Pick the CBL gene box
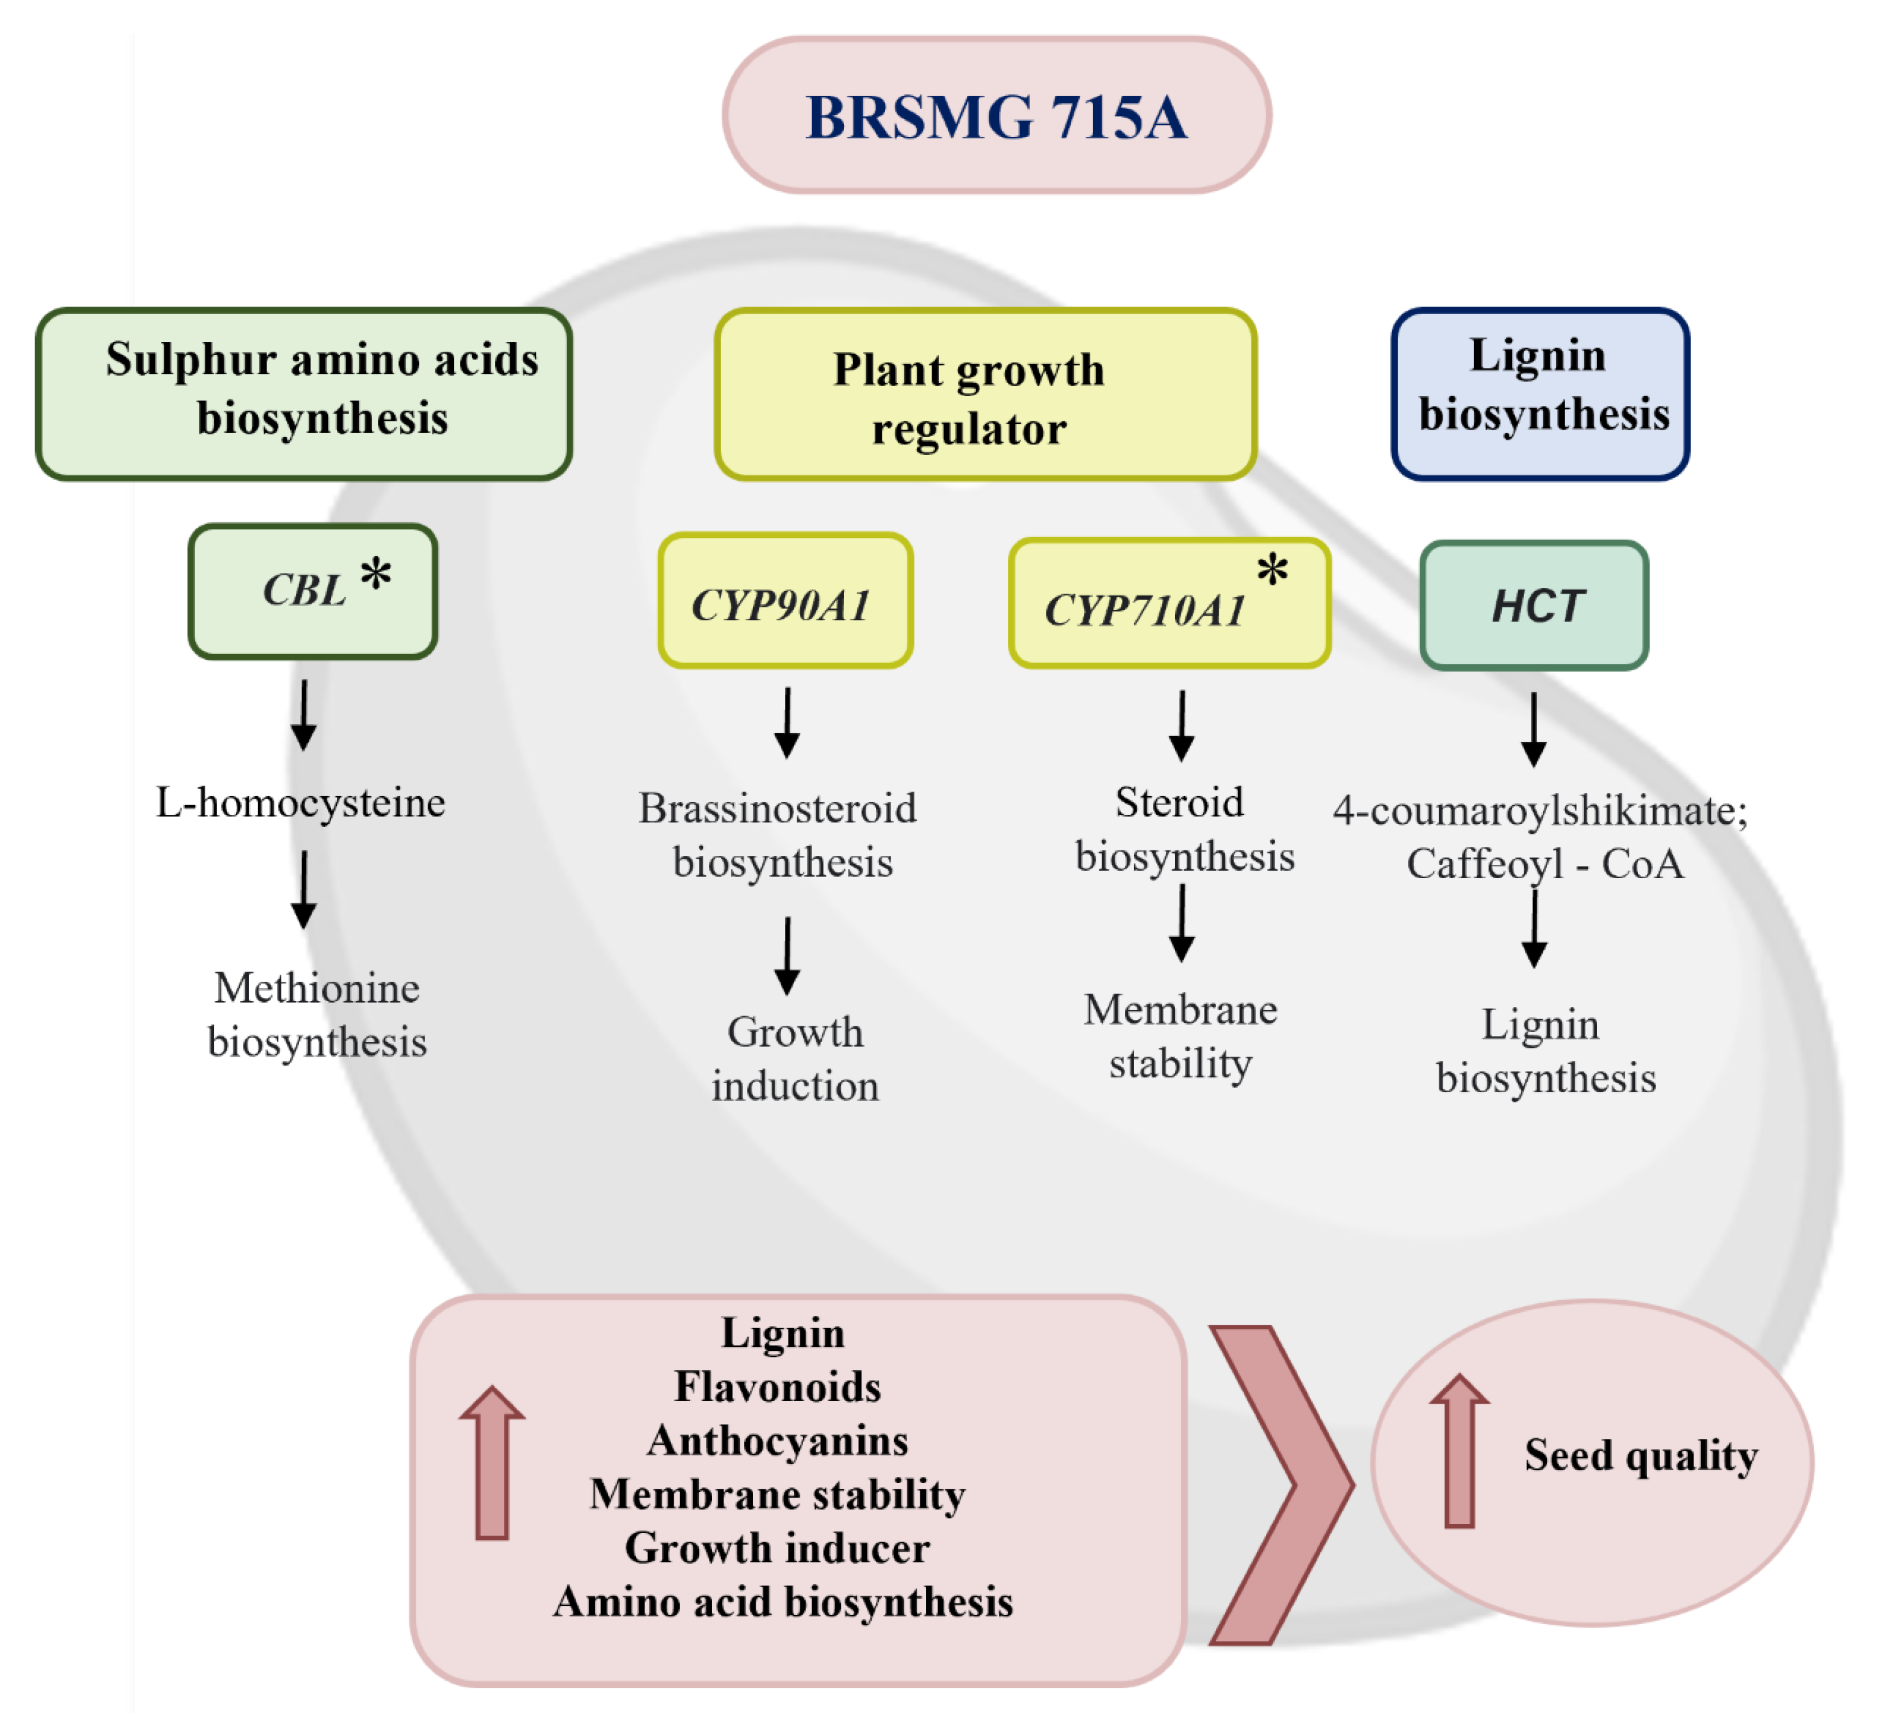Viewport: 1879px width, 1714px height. coord(312,591)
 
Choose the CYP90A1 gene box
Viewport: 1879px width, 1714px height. coord(785,600)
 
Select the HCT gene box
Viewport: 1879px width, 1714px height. coord(1534,605)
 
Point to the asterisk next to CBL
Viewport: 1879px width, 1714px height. coord(377,573)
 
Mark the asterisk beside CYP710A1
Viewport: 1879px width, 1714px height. coord(1272,568)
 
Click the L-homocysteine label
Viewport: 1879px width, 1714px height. coord(300,802)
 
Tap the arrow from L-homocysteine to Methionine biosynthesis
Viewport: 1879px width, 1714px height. coord(304,890)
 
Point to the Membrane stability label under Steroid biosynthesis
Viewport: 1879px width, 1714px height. coord(1180,1036)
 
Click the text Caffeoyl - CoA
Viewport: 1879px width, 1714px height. coord(1545,864)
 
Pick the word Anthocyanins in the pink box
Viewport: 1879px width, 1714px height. coord(778,1441)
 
